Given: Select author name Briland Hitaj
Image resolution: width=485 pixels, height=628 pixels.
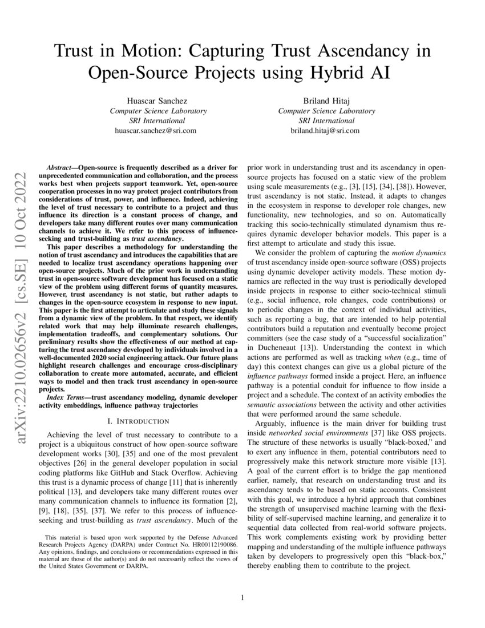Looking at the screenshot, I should pyautogui.click(x=326, y=100).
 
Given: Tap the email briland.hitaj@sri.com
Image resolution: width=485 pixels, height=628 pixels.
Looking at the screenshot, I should pyautogui.click(x=326, y=130).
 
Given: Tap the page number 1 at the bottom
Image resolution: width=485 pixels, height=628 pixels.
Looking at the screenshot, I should pyautogui.click(x=242, y=598).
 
